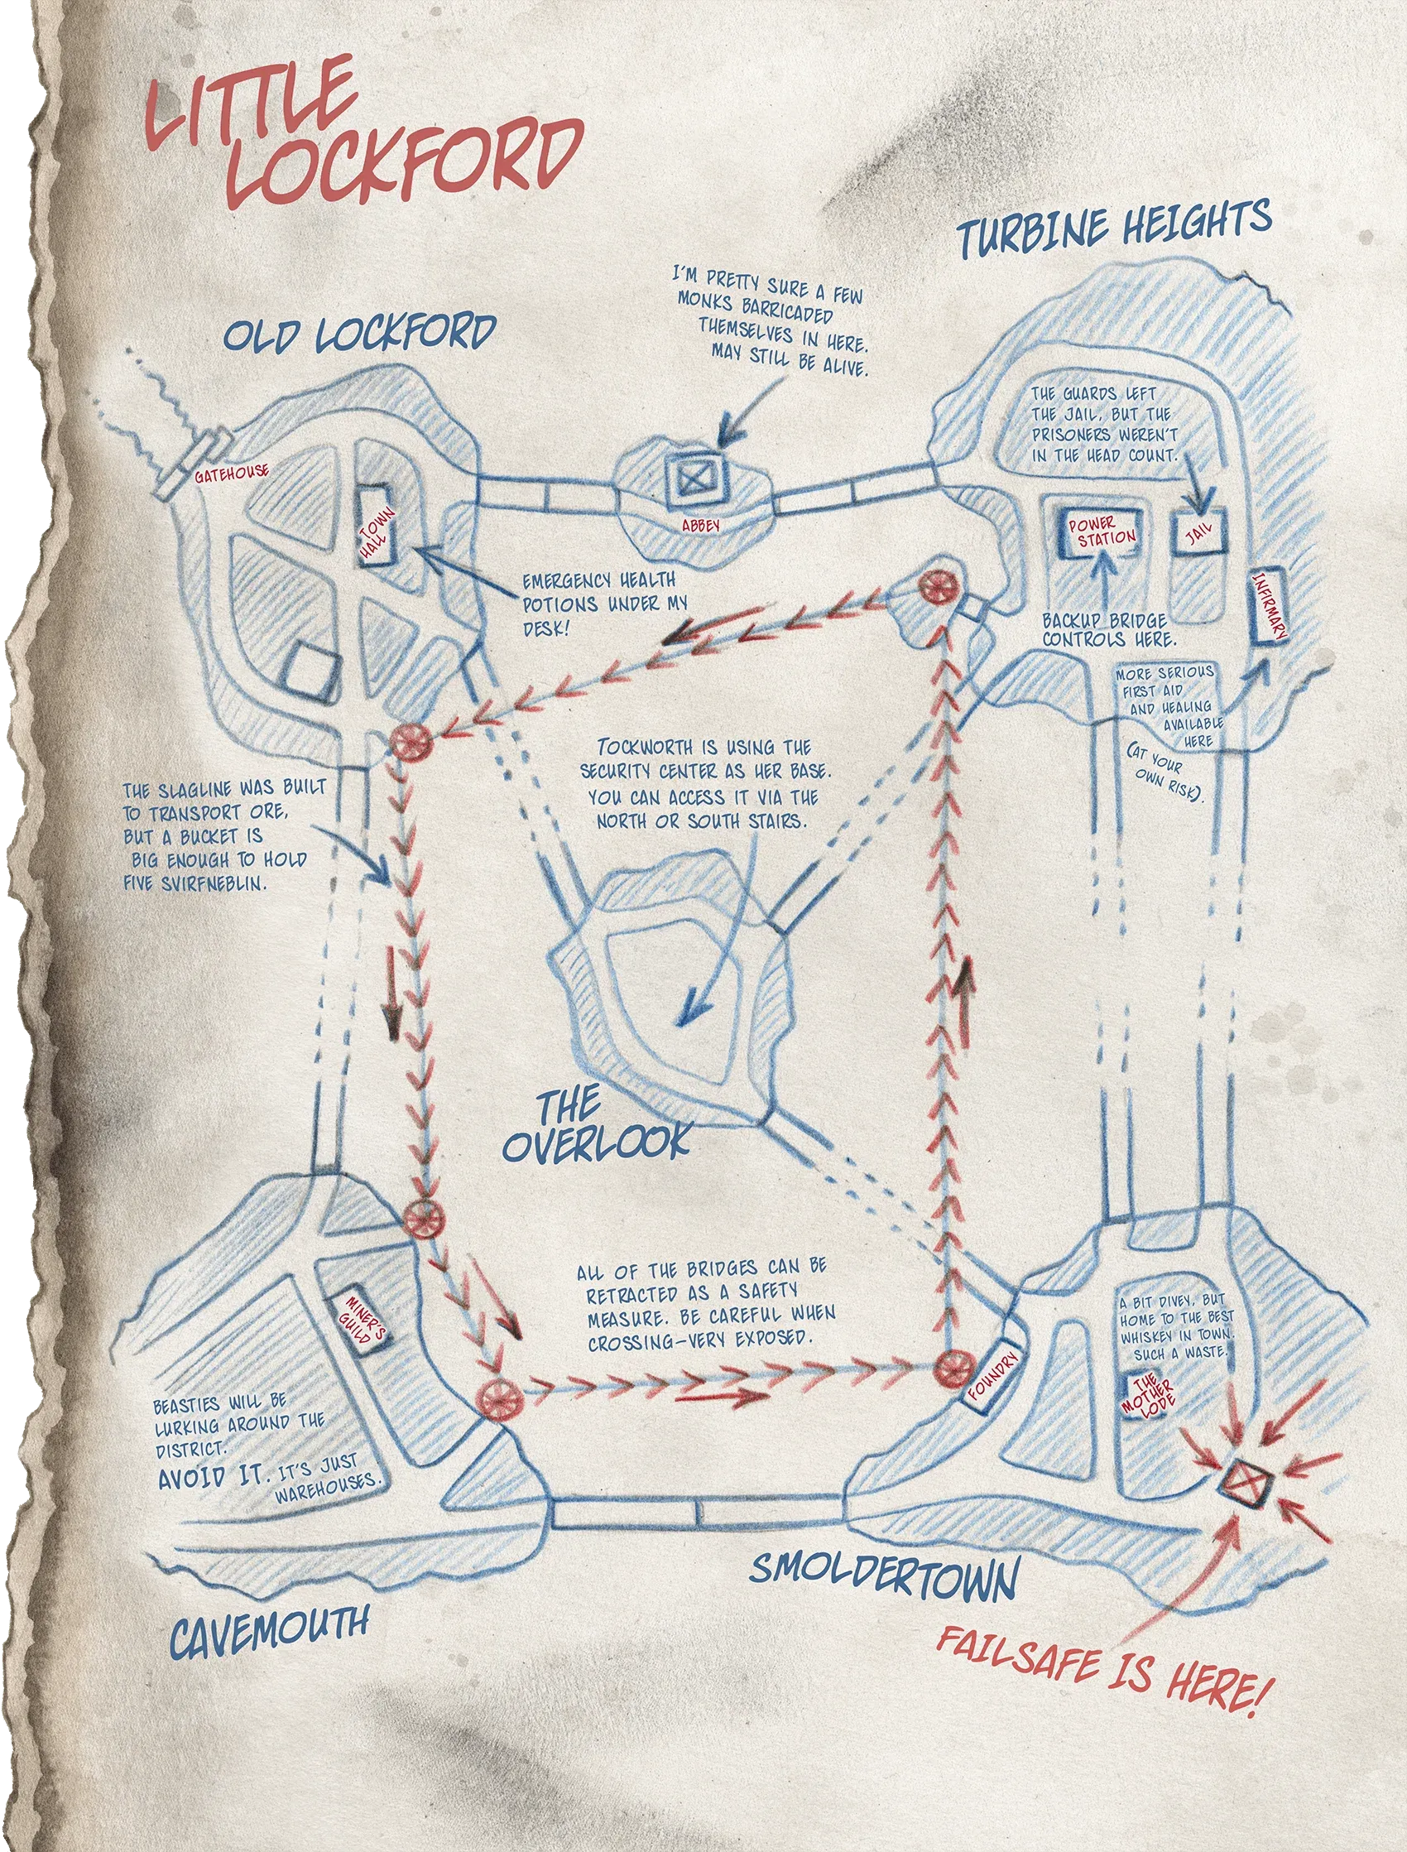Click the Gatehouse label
point(231,474)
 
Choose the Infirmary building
point(1267,609)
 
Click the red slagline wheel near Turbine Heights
point(933,587)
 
